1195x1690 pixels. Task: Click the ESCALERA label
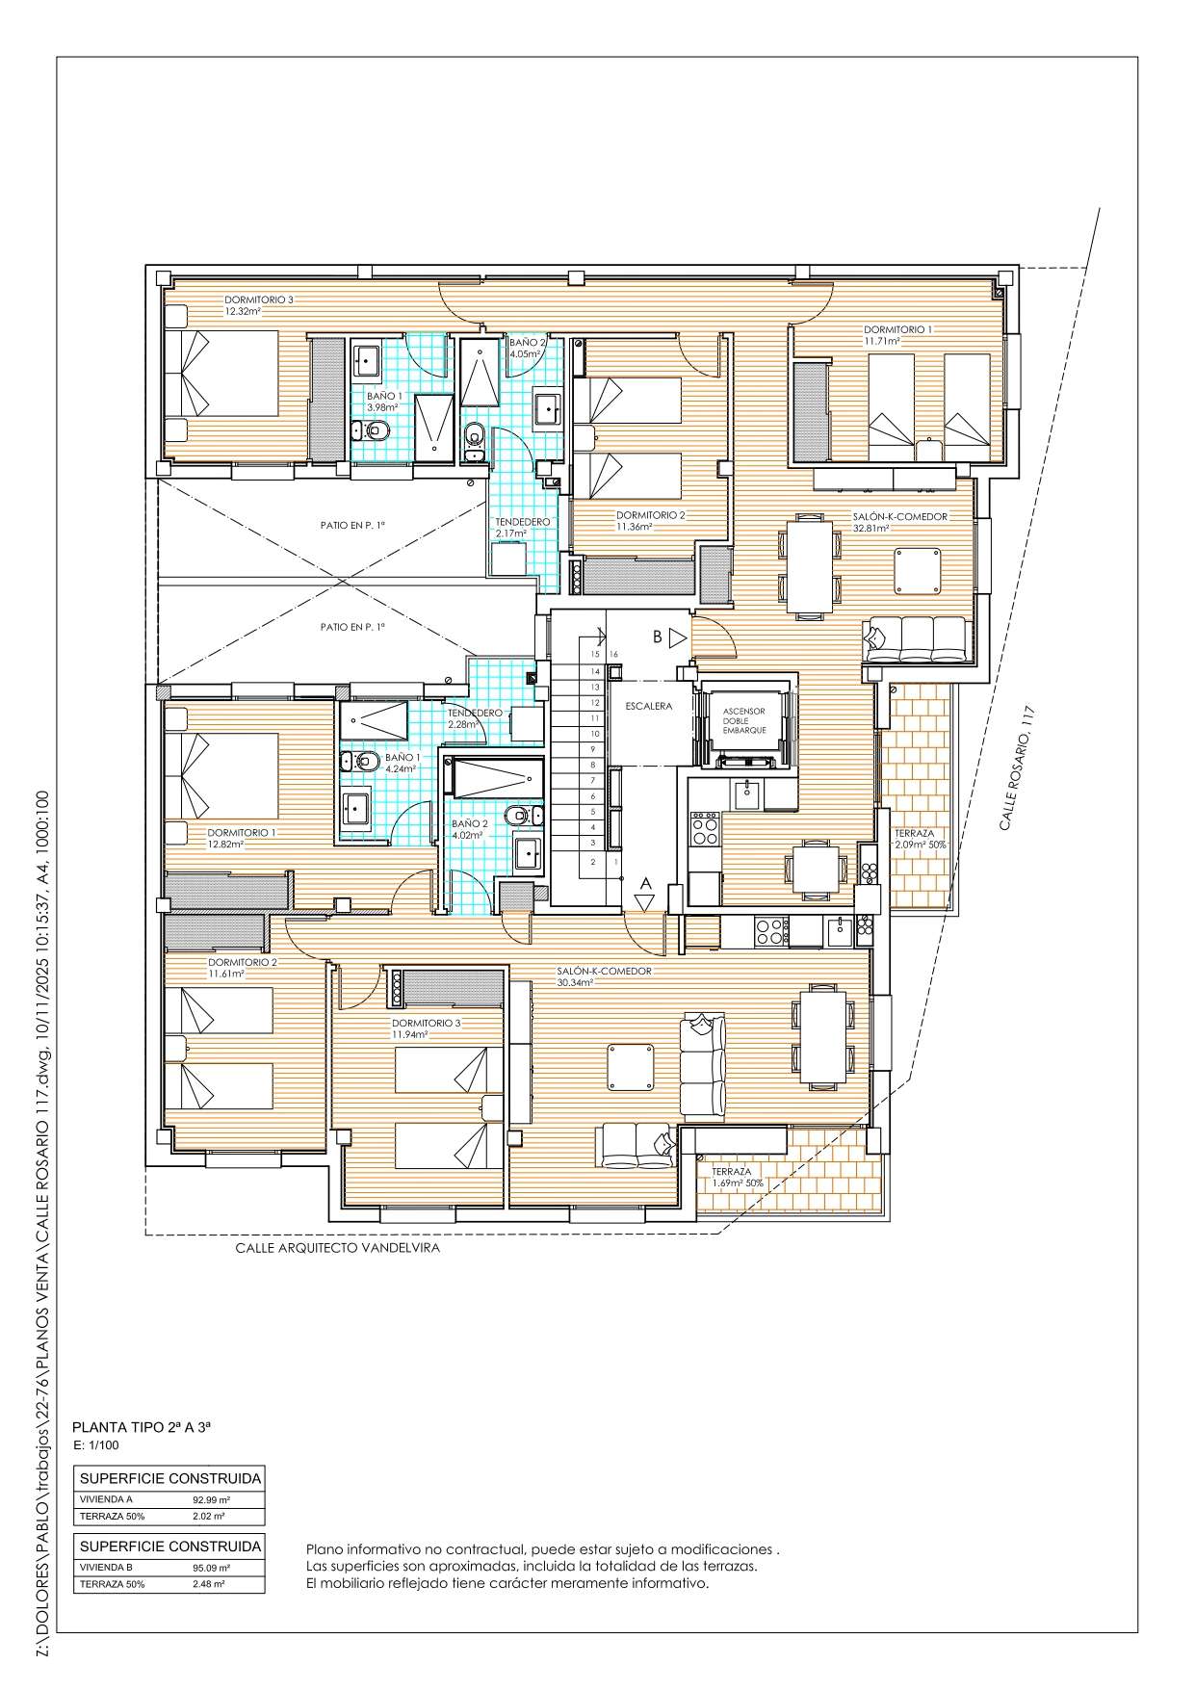[x=648, y=706]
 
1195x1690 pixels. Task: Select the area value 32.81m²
[x=870, y=528]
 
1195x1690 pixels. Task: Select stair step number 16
[x=613, y=655]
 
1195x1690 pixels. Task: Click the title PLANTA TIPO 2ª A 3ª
[x=142, y=1428]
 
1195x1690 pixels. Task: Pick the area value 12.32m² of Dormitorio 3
[x=244, y=311]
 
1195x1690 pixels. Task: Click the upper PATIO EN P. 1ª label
[x=352, y=525]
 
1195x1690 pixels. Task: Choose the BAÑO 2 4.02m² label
[x=469, y=830]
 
